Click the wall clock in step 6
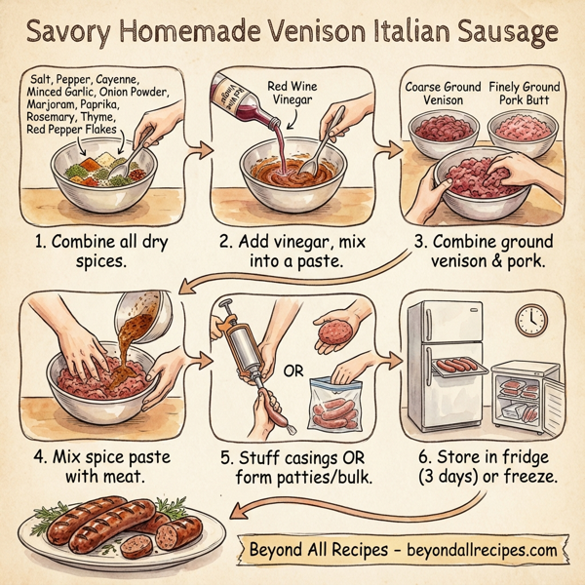click(531, 319)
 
